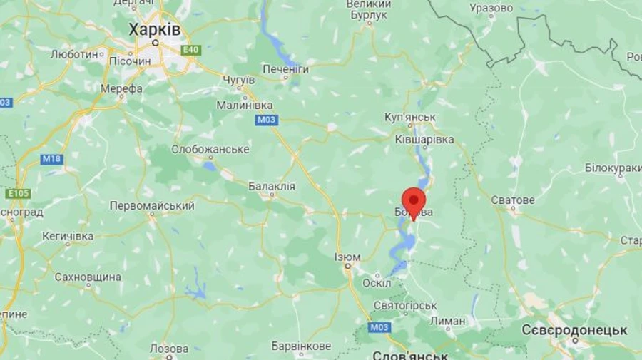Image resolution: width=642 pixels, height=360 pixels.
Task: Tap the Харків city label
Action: [154, 30]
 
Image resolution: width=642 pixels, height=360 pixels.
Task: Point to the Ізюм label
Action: [347, 257]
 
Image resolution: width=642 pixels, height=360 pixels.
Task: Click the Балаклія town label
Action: [271, 186]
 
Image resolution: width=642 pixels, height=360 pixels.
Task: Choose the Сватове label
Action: [512, 200]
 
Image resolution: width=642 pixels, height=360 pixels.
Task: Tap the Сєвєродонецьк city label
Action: [574, 331]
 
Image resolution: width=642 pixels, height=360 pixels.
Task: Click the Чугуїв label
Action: [239, 79]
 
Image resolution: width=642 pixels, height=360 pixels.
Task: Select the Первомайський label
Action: [152, 205]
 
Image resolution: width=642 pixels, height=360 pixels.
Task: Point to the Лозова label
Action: [169, 349]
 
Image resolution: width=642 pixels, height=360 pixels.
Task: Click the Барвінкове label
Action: [301, 346]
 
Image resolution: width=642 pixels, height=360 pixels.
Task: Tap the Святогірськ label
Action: [405, 305]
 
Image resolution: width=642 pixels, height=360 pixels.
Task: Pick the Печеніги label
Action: [285, 69]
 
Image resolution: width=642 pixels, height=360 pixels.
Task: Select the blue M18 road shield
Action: [51, 159]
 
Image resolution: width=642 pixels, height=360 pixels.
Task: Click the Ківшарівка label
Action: [424, 140]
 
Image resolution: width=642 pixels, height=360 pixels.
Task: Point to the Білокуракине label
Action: [613, 168]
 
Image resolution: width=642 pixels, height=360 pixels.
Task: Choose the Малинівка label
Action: [245, 105]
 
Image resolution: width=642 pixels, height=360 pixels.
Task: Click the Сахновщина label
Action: [88, 277]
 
